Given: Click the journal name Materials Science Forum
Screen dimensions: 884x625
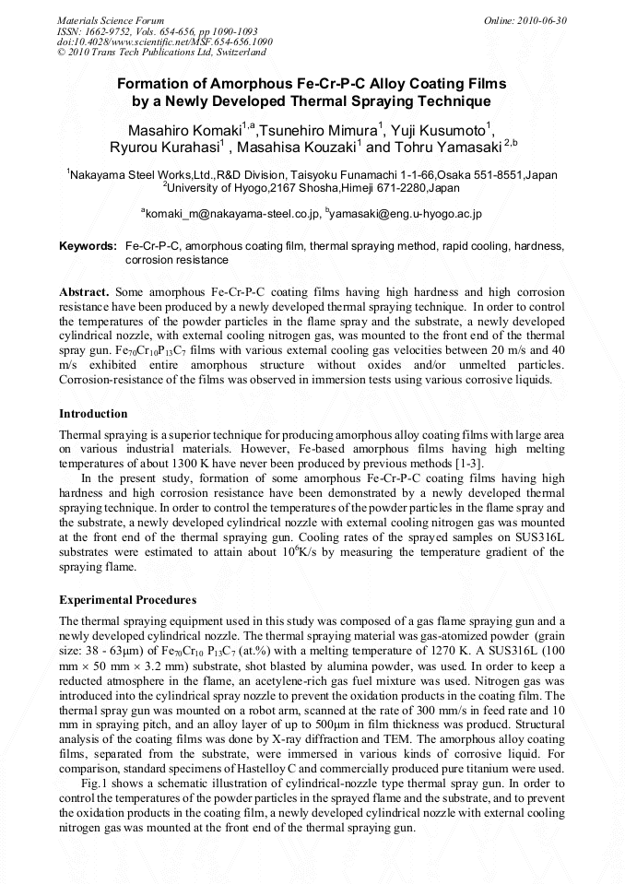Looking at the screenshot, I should click(x=111, y=19).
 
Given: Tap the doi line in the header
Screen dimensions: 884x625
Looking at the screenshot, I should click(x=165, y=41).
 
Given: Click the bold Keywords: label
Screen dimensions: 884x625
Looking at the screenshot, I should click(x=88, y=247).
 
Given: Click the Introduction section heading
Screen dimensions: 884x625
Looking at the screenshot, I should click(x=93, y=414).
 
